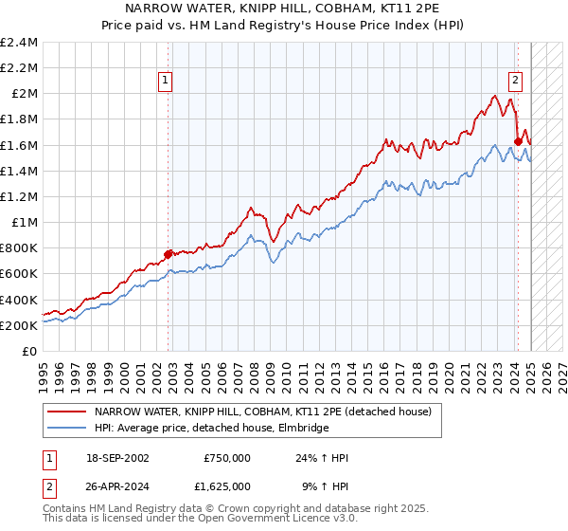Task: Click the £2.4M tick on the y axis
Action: (x=19, y=43)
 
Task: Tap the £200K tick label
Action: (x=19, y=325)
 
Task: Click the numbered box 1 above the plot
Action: (x=166, y=81)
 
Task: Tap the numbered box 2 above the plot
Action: (x=516, y=81)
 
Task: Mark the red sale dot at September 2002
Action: (x=168, y=253)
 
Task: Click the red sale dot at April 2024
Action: (x=518, y=141)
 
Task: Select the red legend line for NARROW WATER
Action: (x=66, y=412)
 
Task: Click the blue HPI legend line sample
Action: (x=66, y=429)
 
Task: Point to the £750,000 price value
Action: (x=226, y=458)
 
